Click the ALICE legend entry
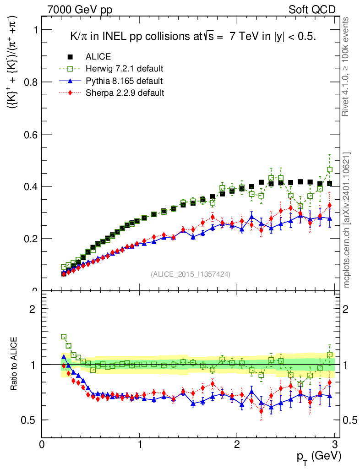pos(98,57)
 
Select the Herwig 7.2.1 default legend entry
pos(124,69)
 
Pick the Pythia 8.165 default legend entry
pos(124,81)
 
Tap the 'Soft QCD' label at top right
pos(312,10)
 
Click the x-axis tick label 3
pos(334,445)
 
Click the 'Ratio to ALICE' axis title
pos(14,364)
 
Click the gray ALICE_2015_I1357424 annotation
pos(191,274)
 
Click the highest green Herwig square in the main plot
pos(330,169)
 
